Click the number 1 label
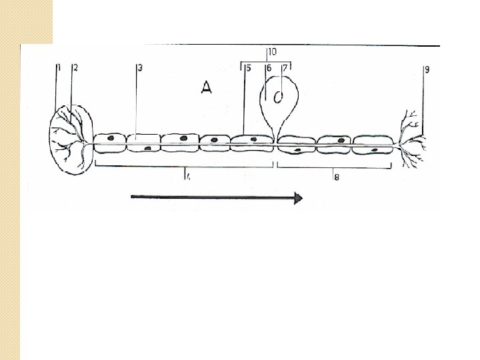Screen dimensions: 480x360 [x=59, y=67]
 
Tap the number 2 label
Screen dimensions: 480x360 [x=75, y=67]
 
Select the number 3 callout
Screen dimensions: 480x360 [x=139, y=67]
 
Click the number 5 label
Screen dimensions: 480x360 [x=248, y=68]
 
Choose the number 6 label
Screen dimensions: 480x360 [x=268, y=68]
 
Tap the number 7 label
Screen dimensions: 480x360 [x=285, y=68]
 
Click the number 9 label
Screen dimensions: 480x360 [x=427, y=68]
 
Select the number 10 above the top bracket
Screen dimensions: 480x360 [x=272, y=51]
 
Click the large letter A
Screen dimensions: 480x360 [x=206, y=88]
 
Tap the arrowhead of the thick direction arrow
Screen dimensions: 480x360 [x=299, y=197]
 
